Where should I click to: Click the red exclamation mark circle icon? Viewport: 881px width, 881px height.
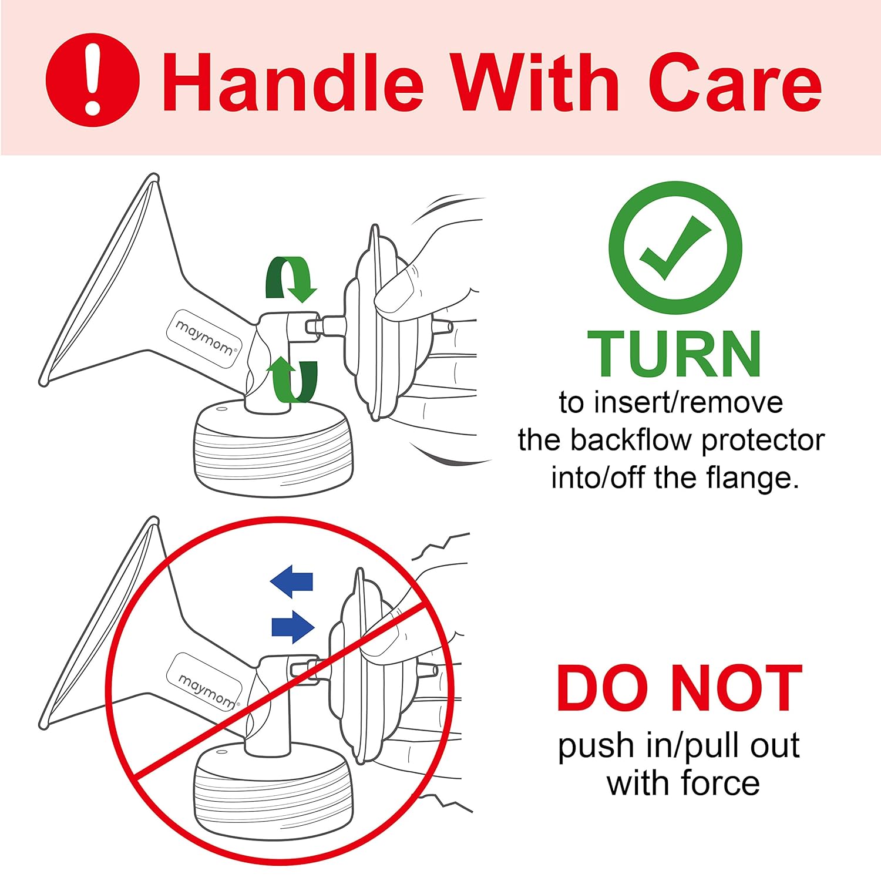point(93,80)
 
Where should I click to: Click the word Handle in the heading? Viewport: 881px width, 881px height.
point(293,82)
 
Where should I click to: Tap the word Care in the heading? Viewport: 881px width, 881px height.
point(735,82)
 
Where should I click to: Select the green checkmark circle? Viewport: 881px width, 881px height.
point(675,248)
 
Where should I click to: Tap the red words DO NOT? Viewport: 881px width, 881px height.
point(680,688)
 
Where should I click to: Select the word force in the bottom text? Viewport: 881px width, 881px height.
point(721,783)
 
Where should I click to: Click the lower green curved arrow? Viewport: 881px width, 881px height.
point(292,379)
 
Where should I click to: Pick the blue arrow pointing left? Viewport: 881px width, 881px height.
point(291,581)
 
